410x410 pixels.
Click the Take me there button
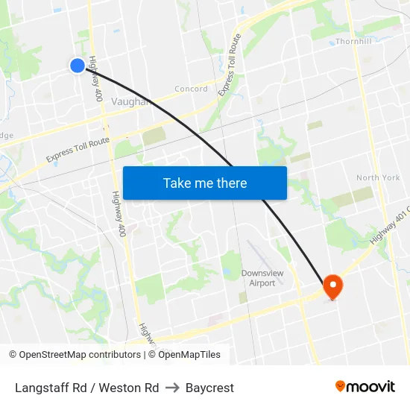pyautogui.click(x=205, y=183)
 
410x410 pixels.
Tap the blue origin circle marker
pyautogui.click(x=78, y=66)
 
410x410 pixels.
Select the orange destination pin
pyautogui.click(x=332, y=287)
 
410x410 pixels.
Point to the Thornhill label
pyautogui.click(x=353, y=42)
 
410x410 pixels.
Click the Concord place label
pyautogui.click(x=192, y=89)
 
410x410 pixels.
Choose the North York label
pyautogui.click(x=378, y=178)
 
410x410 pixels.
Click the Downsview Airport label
pyautogui.click(x=262, y=278)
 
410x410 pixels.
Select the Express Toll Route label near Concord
pyautogui.click(x=230, y=65)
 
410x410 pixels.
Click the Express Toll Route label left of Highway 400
pyautogui.click(x=78, y=149)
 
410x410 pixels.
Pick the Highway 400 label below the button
pyautogui.click(x=119, y=214)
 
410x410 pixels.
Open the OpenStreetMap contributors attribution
pyautogui.click(x=75, y=355)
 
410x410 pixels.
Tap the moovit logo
pyautogui.click(x=365, y=386)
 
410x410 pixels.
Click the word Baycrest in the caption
pyautogui.click(x=209, y=388)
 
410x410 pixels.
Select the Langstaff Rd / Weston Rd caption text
pyautogui.click(x=86, y=388)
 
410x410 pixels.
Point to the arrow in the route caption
pyautogui.click(x=172, y=388)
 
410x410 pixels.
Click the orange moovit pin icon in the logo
pyautogui.click(x=341, y=386)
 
